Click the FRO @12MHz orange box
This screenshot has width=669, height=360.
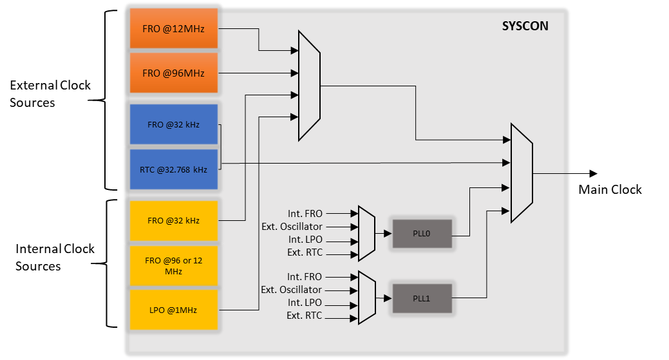tap(173, 28)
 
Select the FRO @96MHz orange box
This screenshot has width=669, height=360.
tap(173, 73)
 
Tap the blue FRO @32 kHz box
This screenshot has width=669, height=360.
tap(173, 125)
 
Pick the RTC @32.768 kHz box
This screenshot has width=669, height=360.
tap(173, 170)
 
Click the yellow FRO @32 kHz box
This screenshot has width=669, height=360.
tap(173, 220)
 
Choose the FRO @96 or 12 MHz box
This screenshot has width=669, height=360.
tap(173, 266)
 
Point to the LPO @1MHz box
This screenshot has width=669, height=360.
tap(173, 310)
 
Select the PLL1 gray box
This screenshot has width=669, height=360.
tap(422, 298)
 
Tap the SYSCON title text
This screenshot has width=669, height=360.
tap(525, 27)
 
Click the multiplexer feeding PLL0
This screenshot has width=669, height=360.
tap(366, 233)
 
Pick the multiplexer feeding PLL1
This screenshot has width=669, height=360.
tap(366, 297)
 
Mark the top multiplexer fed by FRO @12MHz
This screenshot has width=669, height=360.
tap(309, 85)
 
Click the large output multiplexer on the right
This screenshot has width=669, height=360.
tap(521, 173)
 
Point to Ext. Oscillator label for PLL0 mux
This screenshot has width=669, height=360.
tap(292, 227)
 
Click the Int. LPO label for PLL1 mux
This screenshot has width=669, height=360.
tap(305, 303)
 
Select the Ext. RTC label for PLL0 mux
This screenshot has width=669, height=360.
tap(305, 252)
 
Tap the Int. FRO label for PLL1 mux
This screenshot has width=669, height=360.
tap(305, 277)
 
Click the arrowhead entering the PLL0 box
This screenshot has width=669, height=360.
tap(388, 234)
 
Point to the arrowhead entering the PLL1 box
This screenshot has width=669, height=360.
tap(388, 298)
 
